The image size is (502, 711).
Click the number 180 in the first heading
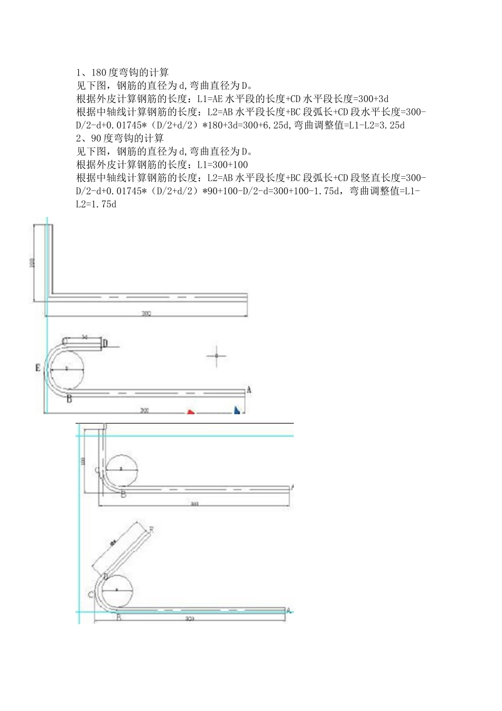[98, 72]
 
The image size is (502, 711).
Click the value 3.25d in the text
[393, 125]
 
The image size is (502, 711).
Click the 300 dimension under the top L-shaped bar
[146, 314]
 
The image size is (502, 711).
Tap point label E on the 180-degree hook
[38, 368]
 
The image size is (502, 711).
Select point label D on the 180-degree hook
[105, 343]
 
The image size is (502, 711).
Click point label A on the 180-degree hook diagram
[249, 390]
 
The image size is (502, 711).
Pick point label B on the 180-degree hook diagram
[69, 399]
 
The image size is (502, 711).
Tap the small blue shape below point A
[238, 410]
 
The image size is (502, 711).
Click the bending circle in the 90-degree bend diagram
[122, 469]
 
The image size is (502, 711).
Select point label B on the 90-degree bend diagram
[123, 495]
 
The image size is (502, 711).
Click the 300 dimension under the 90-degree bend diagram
[194, 504]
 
